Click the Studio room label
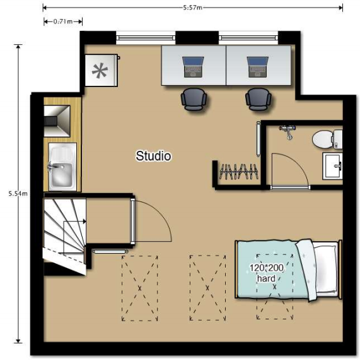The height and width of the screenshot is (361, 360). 153,156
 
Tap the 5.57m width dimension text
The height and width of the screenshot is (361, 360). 192,8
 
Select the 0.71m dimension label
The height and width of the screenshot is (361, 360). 63,21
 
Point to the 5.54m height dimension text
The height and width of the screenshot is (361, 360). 18,194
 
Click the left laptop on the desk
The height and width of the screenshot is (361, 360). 193,67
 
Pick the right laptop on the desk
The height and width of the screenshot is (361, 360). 258,67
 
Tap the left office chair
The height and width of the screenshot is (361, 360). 194,100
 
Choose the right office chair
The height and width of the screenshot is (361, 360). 258,100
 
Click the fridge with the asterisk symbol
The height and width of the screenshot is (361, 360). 102,71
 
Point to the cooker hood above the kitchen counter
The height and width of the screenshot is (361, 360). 57,121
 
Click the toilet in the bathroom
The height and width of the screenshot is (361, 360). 327,139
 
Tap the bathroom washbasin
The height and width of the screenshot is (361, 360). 333,166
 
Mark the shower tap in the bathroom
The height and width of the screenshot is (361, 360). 287,131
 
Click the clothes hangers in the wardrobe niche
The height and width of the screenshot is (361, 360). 238,171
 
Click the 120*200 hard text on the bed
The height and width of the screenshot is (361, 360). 267,273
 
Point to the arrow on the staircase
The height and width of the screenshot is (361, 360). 75,222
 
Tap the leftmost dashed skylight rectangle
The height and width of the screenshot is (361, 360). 139,288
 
